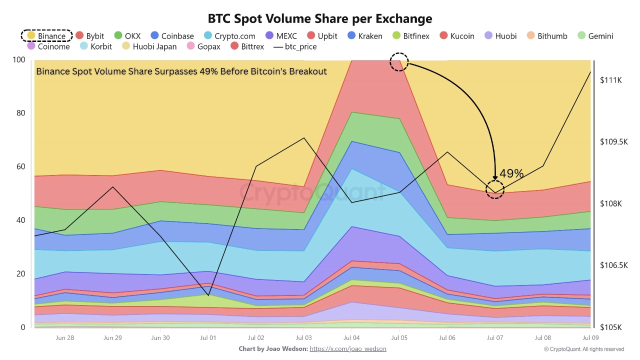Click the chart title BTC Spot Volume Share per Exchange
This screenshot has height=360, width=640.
[320, 18]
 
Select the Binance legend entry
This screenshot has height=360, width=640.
[46, 36]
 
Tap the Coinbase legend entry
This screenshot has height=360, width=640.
[172, 36]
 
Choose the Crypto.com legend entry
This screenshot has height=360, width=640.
[229, 36]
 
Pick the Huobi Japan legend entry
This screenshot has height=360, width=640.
[148, 46]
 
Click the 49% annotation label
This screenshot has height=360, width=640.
[511, 173]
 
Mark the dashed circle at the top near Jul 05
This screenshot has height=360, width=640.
[399, 62]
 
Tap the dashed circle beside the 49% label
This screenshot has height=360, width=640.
[495, 190]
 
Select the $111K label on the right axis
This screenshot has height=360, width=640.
[610, 80]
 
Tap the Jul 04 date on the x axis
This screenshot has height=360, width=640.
[351, 338]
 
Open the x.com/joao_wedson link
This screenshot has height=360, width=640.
[348, 348]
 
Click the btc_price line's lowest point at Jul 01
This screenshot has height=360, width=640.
[208, 295]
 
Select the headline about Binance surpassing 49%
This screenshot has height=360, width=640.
[181, 71]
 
